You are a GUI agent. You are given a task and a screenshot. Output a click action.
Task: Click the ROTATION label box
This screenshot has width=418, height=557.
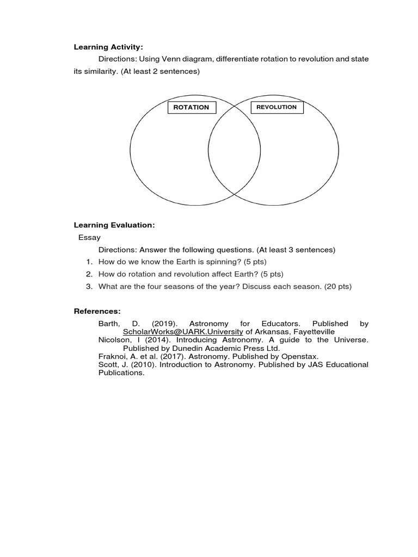(x=191, y=107)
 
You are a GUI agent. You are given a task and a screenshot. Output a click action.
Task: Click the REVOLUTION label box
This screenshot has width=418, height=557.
(x=276, y=107)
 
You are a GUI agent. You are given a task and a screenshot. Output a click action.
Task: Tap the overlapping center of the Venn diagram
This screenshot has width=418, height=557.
(x=234, y=150)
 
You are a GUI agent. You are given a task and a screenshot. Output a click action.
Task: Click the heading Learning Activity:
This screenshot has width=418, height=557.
(x=108, y=47)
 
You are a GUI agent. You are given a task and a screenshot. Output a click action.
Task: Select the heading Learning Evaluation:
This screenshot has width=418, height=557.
(x=114, y=225)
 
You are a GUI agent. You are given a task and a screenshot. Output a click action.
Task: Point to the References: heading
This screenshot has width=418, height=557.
(x=97, y=311)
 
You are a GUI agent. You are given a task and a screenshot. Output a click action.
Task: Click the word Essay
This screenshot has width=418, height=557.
(x=89, y=237)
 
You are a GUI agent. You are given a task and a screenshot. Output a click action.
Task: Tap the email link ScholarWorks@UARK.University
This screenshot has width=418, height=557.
(x=183, y=332)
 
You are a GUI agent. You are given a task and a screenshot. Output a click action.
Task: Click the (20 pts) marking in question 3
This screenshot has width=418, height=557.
(x=338, y=287)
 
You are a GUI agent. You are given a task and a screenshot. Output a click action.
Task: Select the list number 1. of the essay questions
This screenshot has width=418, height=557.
(x=89, y=262)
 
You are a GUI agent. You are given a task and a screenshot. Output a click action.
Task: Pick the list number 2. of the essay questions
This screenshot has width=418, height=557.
(x=89, y=274)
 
